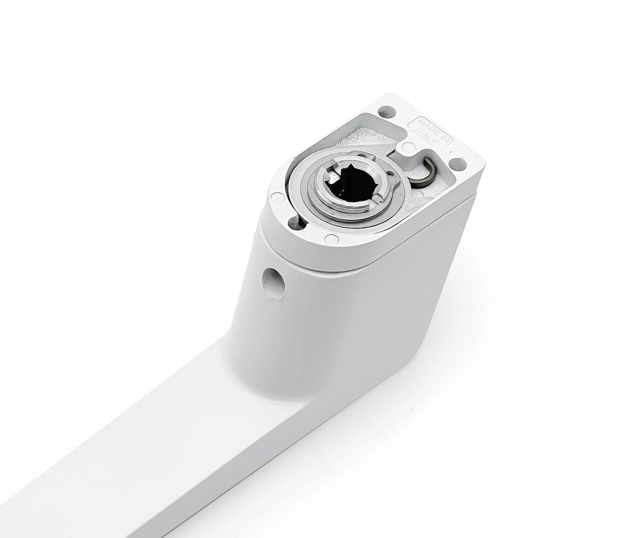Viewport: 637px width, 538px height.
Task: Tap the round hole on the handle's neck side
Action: [274, 281]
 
